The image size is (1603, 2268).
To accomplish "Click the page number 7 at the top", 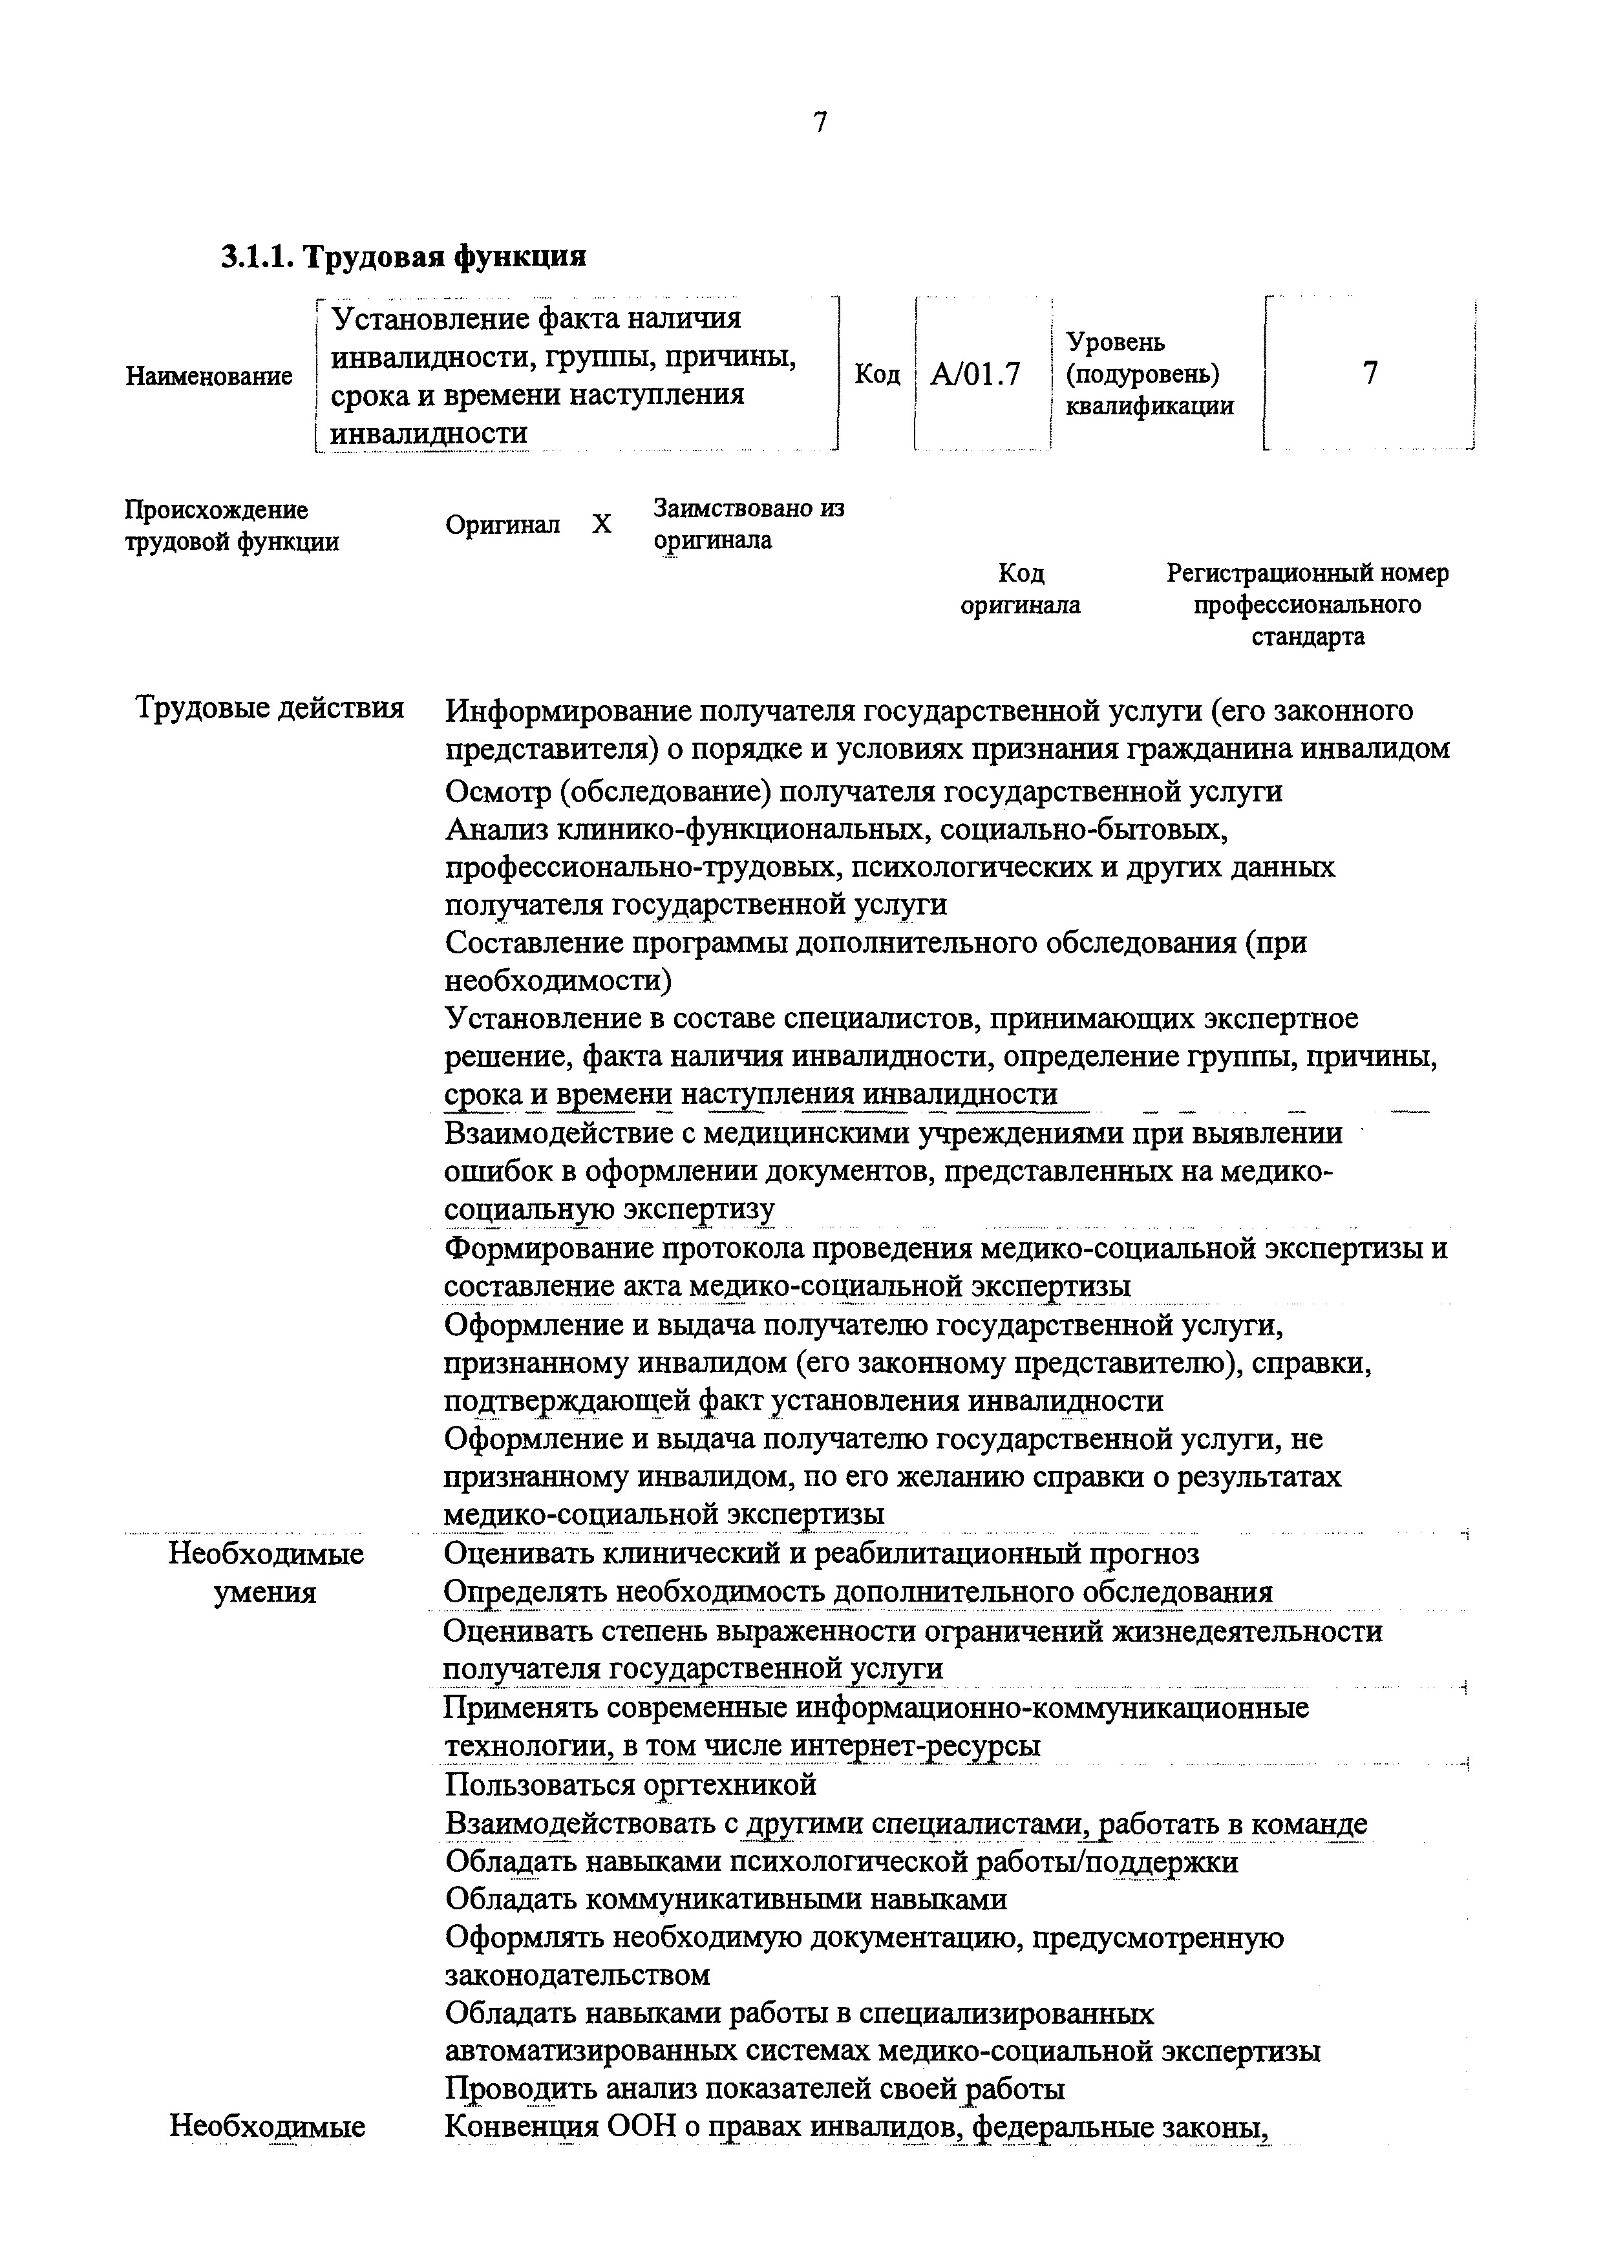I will pos(819,123).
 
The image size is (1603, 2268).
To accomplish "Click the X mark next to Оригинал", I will pos(602,525).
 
